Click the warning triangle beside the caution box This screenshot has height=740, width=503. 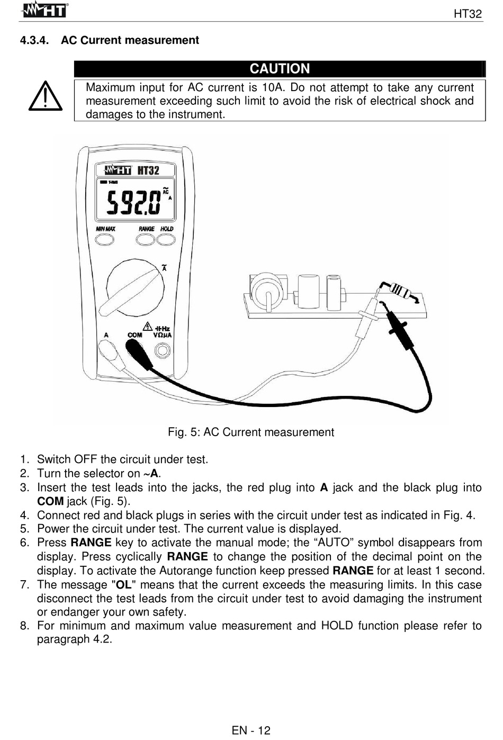46,97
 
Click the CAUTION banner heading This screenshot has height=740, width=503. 280,69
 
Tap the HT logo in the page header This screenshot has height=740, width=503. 45,10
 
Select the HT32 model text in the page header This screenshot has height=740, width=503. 468,14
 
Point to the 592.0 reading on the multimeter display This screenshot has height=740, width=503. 133,202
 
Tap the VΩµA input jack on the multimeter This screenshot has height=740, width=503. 162,350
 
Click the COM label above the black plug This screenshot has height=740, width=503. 135,335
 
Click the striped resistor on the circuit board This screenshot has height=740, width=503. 402,291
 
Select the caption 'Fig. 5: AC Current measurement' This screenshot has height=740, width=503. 251,432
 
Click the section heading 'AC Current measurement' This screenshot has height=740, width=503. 130,40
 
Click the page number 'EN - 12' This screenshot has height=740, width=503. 251,730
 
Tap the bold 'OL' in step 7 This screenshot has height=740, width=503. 123,585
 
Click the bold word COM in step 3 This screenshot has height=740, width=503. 50,501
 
